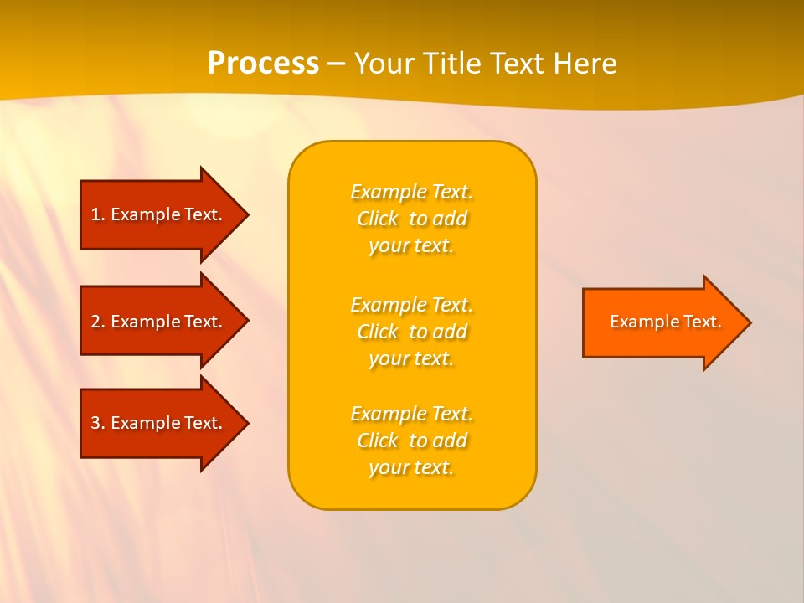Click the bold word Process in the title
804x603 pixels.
point(263,64)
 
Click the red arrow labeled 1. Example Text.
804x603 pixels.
point(159,214)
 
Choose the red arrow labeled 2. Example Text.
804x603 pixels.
point(159,322)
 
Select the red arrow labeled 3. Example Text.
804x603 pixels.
point(159,423)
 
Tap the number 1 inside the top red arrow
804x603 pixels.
point(95,214)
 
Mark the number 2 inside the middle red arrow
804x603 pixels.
point(95,322)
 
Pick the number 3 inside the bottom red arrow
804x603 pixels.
point(95,423)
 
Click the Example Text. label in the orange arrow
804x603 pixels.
point(665,322)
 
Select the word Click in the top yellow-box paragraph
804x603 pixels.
point(378,219)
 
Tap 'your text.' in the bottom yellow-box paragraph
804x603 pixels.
point(411,467)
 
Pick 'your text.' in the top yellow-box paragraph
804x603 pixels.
point(411,245)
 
